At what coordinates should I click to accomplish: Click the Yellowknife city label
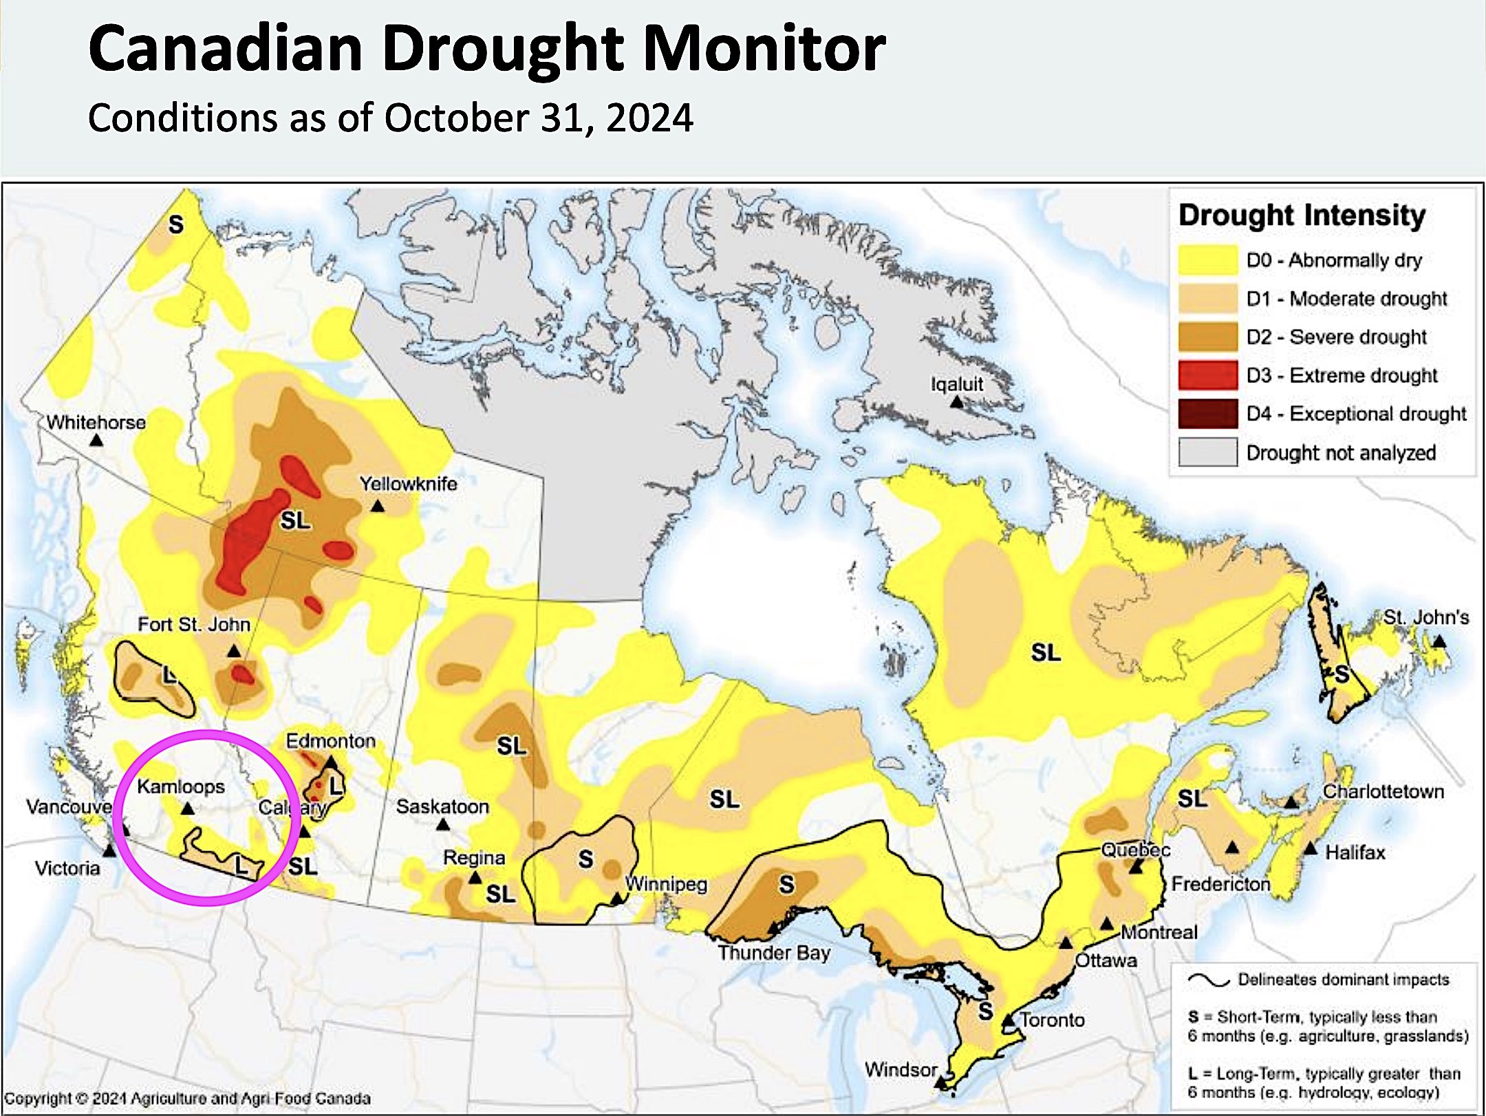click(x=408, y=484)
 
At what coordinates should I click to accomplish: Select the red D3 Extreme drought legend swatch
click(x=1207, y=376)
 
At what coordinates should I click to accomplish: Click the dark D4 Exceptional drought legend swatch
click(x=1207, y=414)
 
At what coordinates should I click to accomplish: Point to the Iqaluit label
click(x=957, y=384)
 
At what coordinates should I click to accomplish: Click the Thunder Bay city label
click(x=774, y=953)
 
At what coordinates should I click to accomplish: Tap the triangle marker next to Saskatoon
click(x=443, y=824)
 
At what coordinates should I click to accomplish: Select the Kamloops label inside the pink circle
click(x=181, y=786)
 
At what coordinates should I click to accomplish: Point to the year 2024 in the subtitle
click(x=649, y=118)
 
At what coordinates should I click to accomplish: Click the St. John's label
click(x=1425, y=617)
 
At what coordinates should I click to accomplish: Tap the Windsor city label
click(x=901, y=1070)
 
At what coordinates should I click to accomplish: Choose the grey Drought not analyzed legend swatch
click(x=1207, y=453)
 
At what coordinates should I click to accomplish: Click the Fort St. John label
click(x=194, y=624)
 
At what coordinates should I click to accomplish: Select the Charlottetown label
click(x=1383, y=791)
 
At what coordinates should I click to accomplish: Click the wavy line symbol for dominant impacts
click(x=1209, y=980)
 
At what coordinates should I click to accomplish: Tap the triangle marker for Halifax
click(x=1311, y=848)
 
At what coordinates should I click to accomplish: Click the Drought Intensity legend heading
click(x=1302, y=215)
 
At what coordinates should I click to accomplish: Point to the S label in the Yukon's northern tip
click(x=176, y=224)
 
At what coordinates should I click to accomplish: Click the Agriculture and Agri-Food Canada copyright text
click(x=187, y=1098)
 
